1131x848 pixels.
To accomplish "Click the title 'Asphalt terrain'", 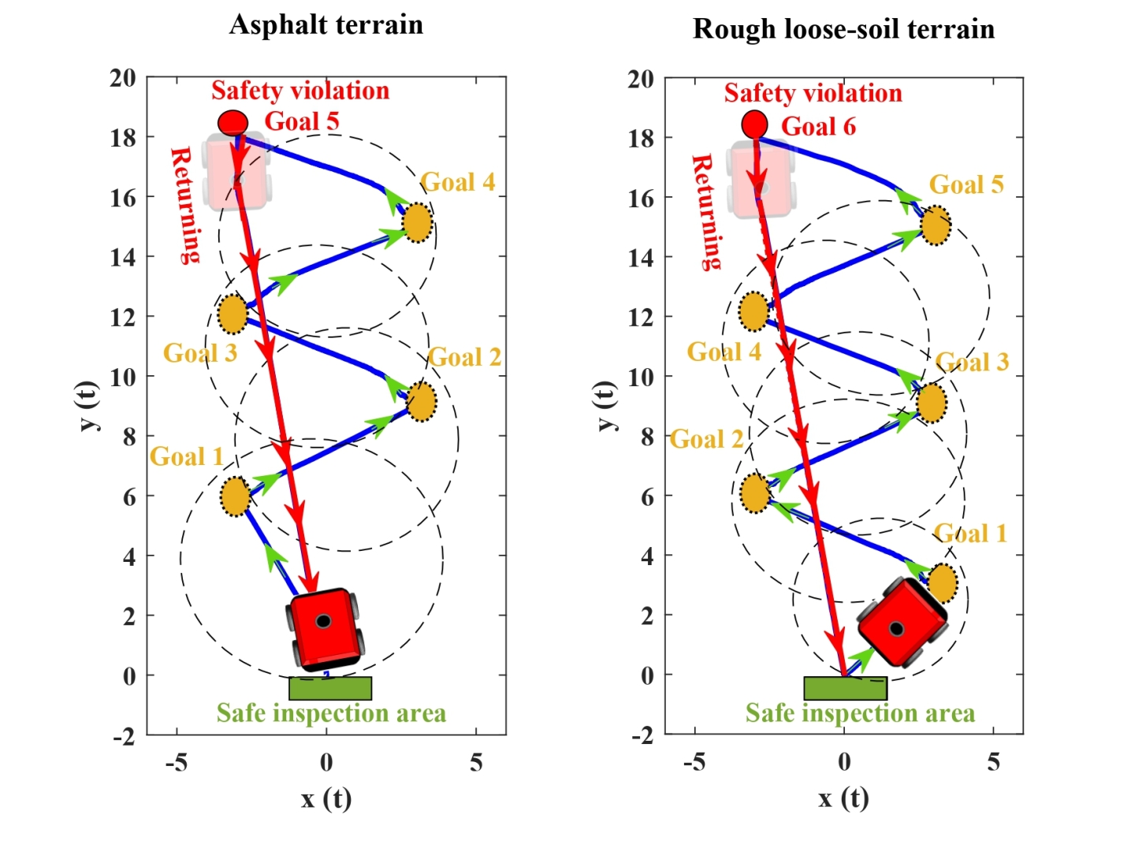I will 326,24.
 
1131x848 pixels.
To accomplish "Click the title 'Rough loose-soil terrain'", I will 843,29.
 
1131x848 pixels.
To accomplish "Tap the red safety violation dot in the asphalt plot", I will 233,122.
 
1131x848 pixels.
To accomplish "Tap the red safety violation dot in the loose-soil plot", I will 754,124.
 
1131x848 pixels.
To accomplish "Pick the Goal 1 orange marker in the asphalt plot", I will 235,497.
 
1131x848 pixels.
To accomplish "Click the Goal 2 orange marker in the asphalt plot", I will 422,401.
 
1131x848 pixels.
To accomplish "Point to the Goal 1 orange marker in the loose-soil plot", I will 943,583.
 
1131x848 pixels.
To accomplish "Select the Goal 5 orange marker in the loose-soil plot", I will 936,225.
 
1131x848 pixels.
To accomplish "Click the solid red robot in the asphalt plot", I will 326,627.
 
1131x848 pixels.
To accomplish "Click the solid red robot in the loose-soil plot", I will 902,623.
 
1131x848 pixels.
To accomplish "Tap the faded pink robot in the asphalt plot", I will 236,172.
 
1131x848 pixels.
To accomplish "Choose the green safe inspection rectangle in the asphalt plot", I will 330,688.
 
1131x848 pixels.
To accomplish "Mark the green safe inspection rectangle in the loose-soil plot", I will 845,688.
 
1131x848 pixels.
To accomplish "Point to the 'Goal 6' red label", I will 818,126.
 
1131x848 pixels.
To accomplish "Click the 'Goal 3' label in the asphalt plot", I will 199,352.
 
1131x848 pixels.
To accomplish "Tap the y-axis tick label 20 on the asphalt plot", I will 123,78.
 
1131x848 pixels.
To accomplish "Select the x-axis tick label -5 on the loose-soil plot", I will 694,761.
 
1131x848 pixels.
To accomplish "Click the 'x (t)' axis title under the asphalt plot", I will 326,798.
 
